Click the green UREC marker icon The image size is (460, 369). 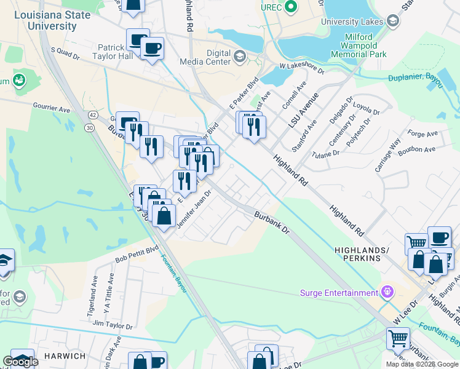tap(292, 8)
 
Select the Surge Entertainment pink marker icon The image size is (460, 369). tap(387, 292)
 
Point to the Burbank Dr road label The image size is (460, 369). tap(272, 222)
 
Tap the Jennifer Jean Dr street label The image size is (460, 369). tap(194, 210)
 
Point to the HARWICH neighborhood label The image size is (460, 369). tap(65, 356)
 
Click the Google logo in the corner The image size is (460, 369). tap(20, 362)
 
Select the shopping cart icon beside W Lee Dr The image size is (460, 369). tap(398, 338)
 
